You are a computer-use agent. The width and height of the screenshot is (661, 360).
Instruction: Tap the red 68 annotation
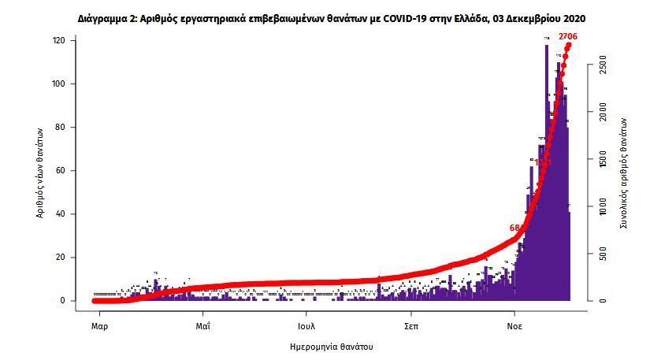click(x=514, y=228)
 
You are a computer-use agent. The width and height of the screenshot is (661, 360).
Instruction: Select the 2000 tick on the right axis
click(x=602, y=113)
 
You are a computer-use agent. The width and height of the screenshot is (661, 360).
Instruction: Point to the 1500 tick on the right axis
click(x=602, y=160)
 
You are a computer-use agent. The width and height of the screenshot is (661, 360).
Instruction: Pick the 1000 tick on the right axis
click(x=602, y=206)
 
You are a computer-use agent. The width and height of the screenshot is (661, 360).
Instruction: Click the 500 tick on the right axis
click(x=602, y=254)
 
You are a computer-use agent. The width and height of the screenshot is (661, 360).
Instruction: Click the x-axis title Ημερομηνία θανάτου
click(x=331, y=346)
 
